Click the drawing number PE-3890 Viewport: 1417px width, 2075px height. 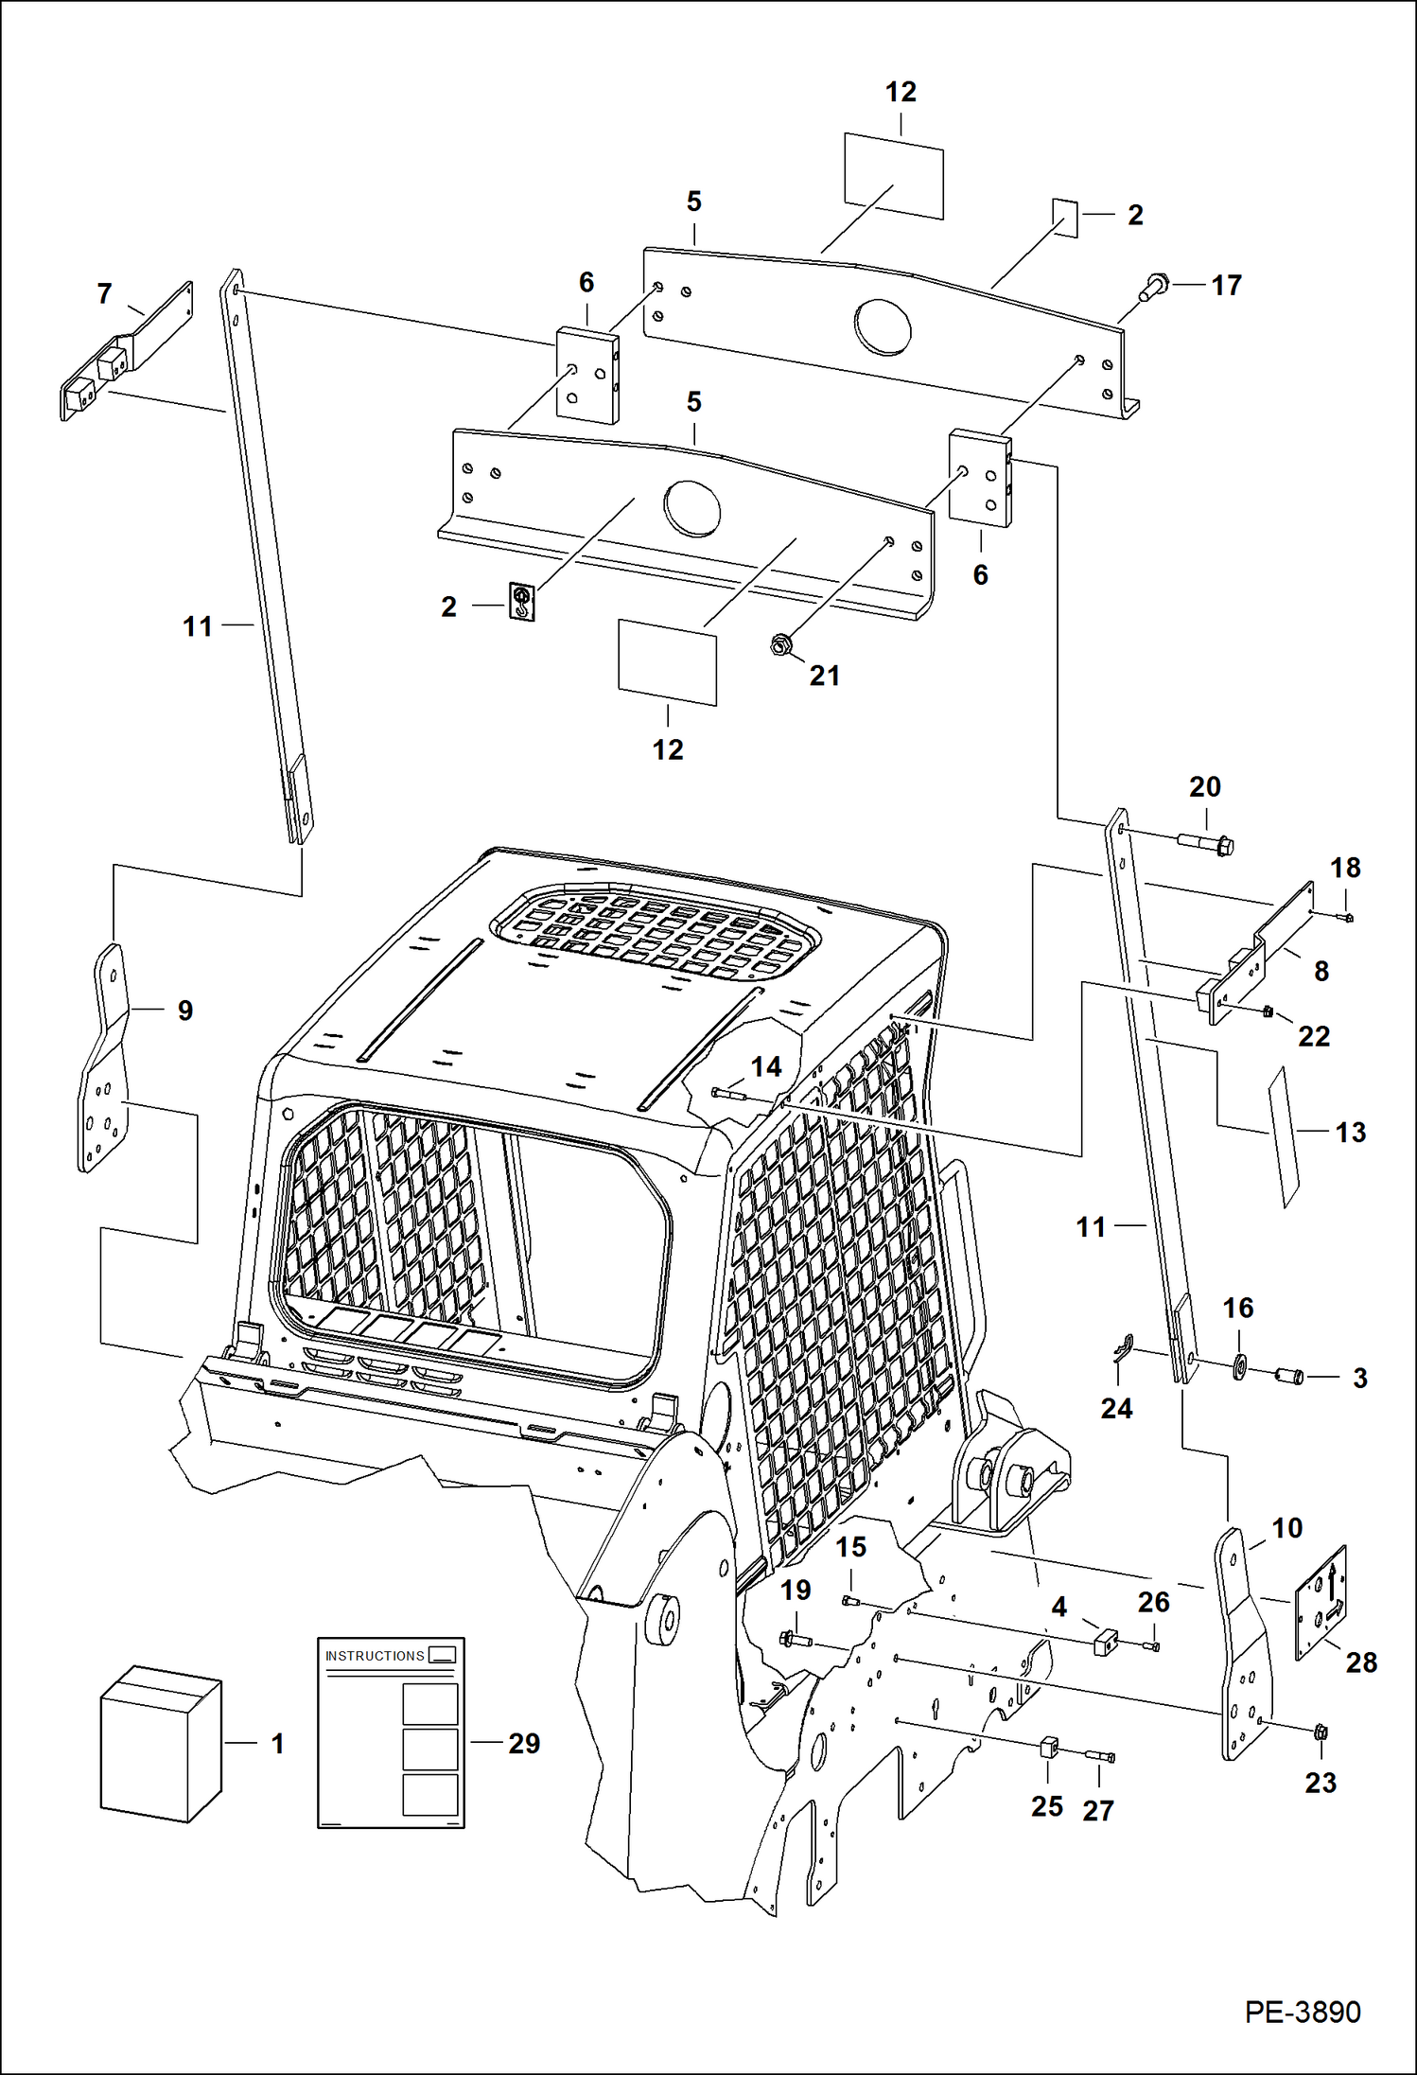coord(1302,2013)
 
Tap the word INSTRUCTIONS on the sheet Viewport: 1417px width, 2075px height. coord(375,1656)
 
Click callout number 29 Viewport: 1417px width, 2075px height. coord(524,1743)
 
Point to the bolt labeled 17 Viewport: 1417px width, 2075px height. coord(1154,287)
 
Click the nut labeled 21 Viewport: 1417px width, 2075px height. coord(780,646)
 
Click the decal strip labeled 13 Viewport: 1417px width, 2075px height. coord(1285,1137)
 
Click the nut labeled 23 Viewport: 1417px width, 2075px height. coord(1321,1732)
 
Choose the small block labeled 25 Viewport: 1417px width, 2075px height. coord(1048,1747)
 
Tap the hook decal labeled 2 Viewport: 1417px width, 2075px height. coord(522,601)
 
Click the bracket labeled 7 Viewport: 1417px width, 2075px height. coord(125,352)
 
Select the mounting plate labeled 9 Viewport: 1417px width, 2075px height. coord(103,1060)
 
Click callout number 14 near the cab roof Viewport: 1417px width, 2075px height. coord(765,1066)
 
